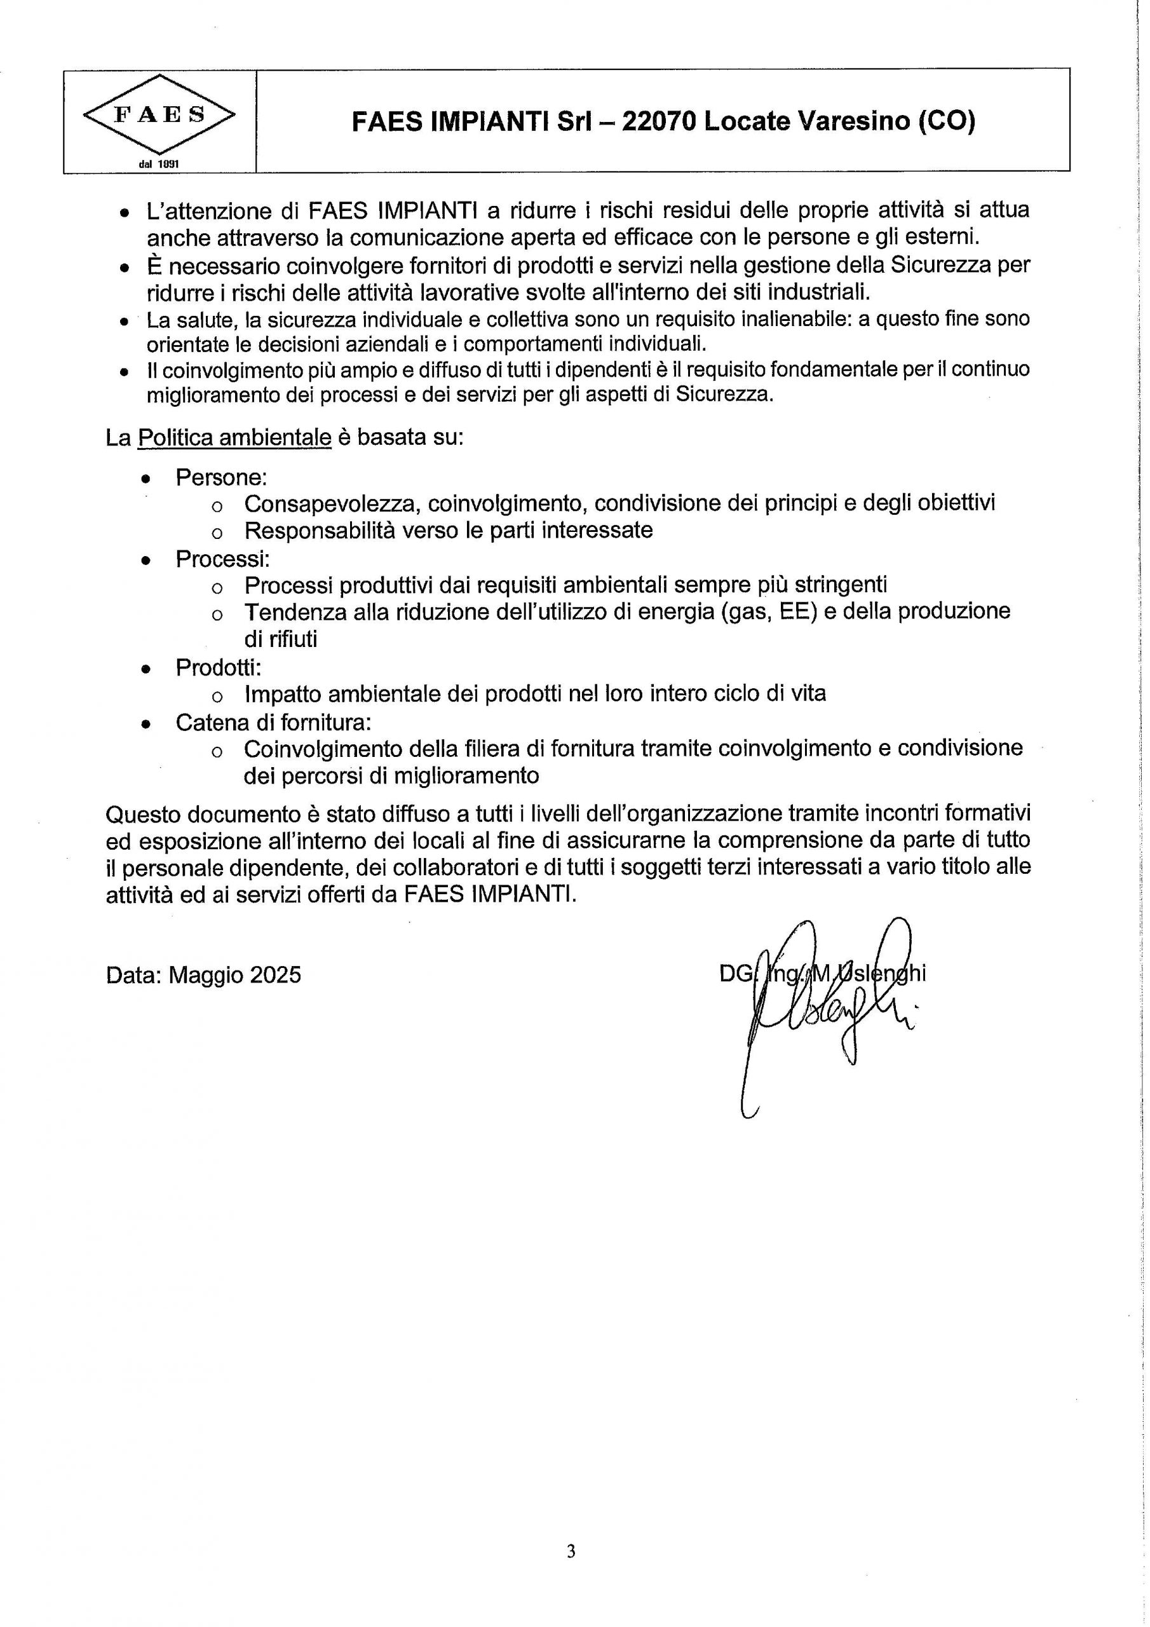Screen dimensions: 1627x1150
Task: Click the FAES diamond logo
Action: point(159,115)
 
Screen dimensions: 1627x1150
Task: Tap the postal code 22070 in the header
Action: point(659,122)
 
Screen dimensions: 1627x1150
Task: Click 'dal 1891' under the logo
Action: point(159,164)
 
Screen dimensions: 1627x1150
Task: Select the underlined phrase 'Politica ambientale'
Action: point(234,438)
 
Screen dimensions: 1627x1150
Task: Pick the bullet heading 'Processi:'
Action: point(222,559)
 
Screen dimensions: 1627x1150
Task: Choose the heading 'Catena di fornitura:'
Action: point(273,722)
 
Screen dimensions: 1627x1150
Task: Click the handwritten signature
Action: point(822,1006)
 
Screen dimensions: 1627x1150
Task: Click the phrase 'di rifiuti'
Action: point(281,639)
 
